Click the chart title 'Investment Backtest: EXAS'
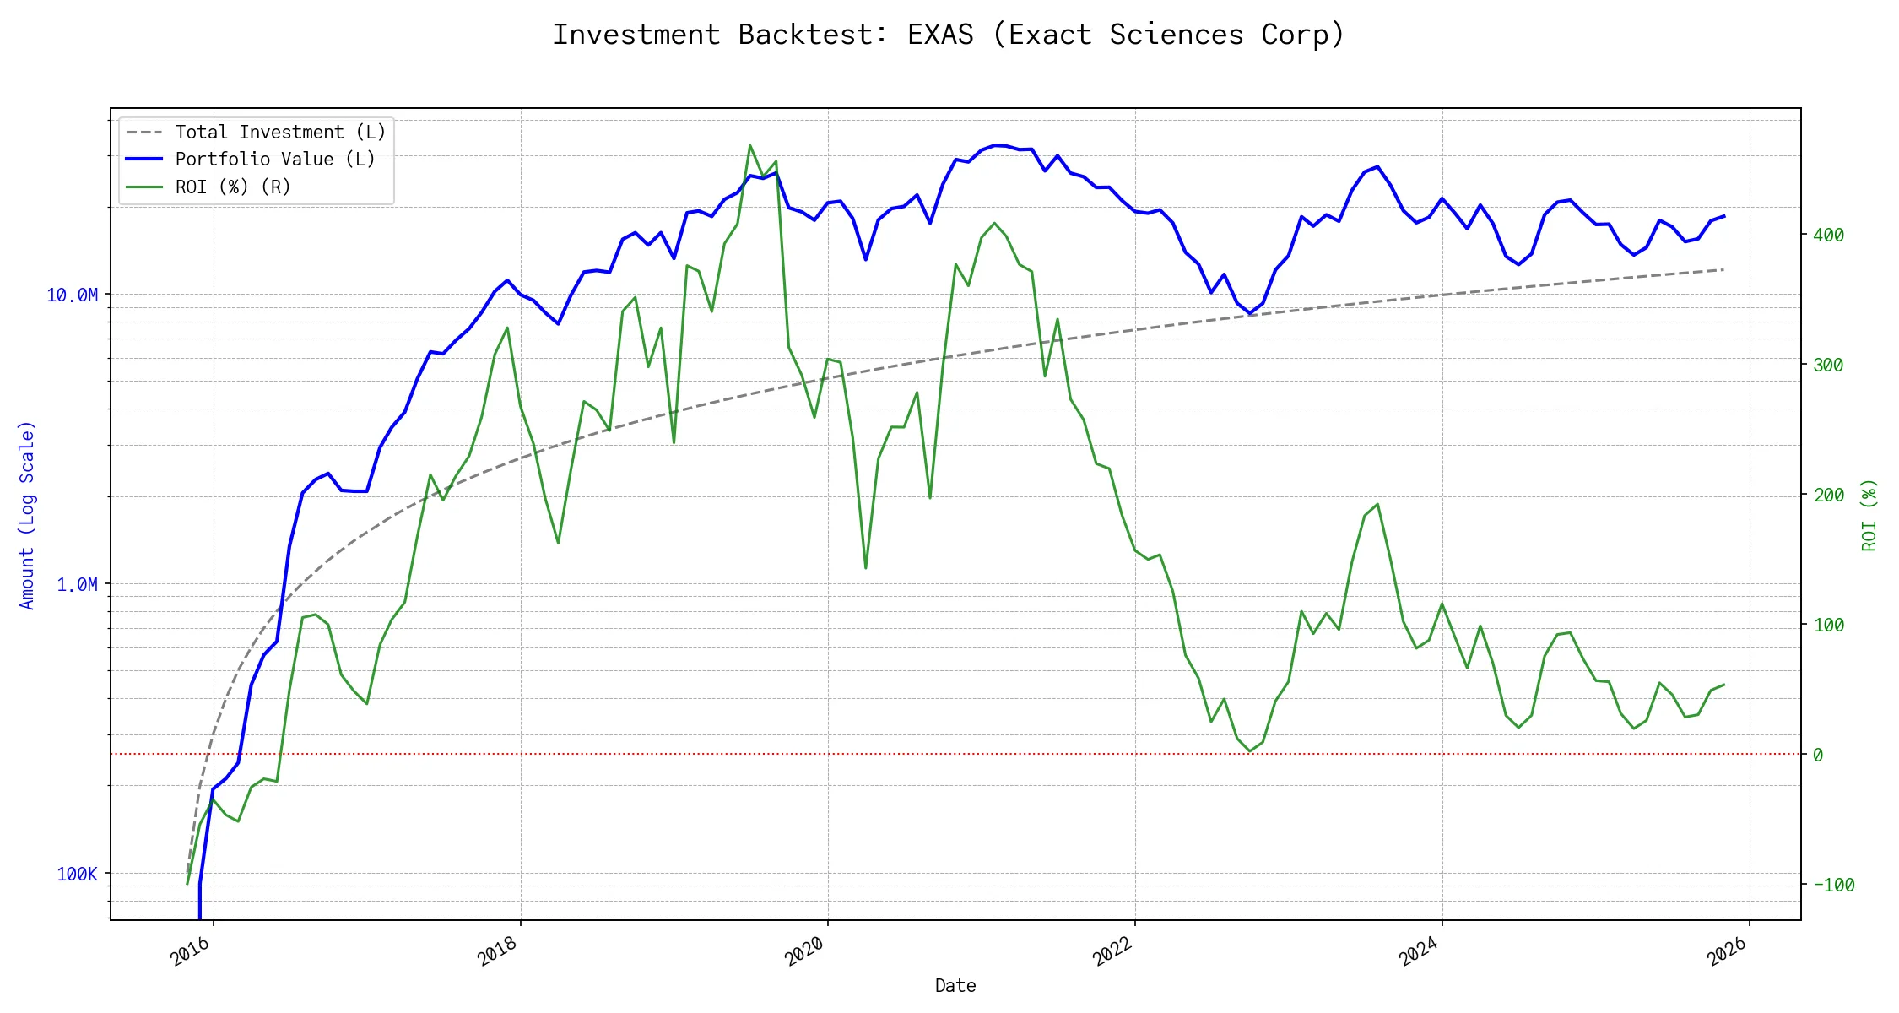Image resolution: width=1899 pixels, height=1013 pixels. pyautogui.click(x=949, y=35)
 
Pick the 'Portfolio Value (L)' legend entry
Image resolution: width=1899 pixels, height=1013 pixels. pyautogui.click(x=275, y=160)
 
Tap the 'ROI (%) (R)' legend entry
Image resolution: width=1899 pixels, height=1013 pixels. pyautogui.click(x=233, y=187)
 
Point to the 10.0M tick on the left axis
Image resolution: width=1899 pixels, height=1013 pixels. pyautogui.click(x=73, y=295)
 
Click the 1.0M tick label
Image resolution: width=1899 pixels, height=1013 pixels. pyautogui.click(x=77, y=584)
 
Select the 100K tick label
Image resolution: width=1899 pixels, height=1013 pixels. pyautogui.click(x=77, y=874)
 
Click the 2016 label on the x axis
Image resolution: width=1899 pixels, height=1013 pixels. pyautogui.click(x=191, y=951)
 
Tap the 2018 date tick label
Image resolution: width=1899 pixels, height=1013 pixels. pyautogui.click(x=498, y=951)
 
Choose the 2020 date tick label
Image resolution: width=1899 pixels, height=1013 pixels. pyautogui.click(x=805, y=951)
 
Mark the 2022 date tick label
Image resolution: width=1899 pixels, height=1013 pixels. pyautogui.click(x=1112, y=951)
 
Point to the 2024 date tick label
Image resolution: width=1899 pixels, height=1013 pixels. pyautogui.click(x=1420, y=951)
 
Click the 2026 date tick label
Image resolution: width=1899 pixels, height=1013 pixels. pyautogui.click(x=1727, y=951)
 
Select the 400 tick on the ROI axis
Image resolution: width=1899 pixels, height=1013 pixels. pyautogui.click(x=1828, y=235)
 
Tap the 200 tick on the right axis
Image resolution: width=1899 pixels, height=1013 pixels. pyautogui.click(x=1828, y=495)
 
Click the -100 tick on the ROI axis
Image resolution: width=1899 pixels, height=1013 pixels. pyautogui.click(x=1833, y=885)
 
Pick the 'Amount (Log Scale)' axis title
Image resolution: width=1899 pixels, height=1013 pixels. pyautogui.click(x=27, y=515)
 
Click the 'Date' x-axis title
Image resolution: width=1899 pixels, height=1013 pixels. pyautogui.click(x=955, y=985)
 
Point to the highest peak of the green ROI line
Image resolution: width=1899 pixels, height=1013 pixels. pyautogui.click(x=750, y=145)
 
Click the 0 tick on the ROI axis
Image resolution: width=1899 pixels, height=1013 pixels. pyautogui.click(x=1818, y=755)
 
